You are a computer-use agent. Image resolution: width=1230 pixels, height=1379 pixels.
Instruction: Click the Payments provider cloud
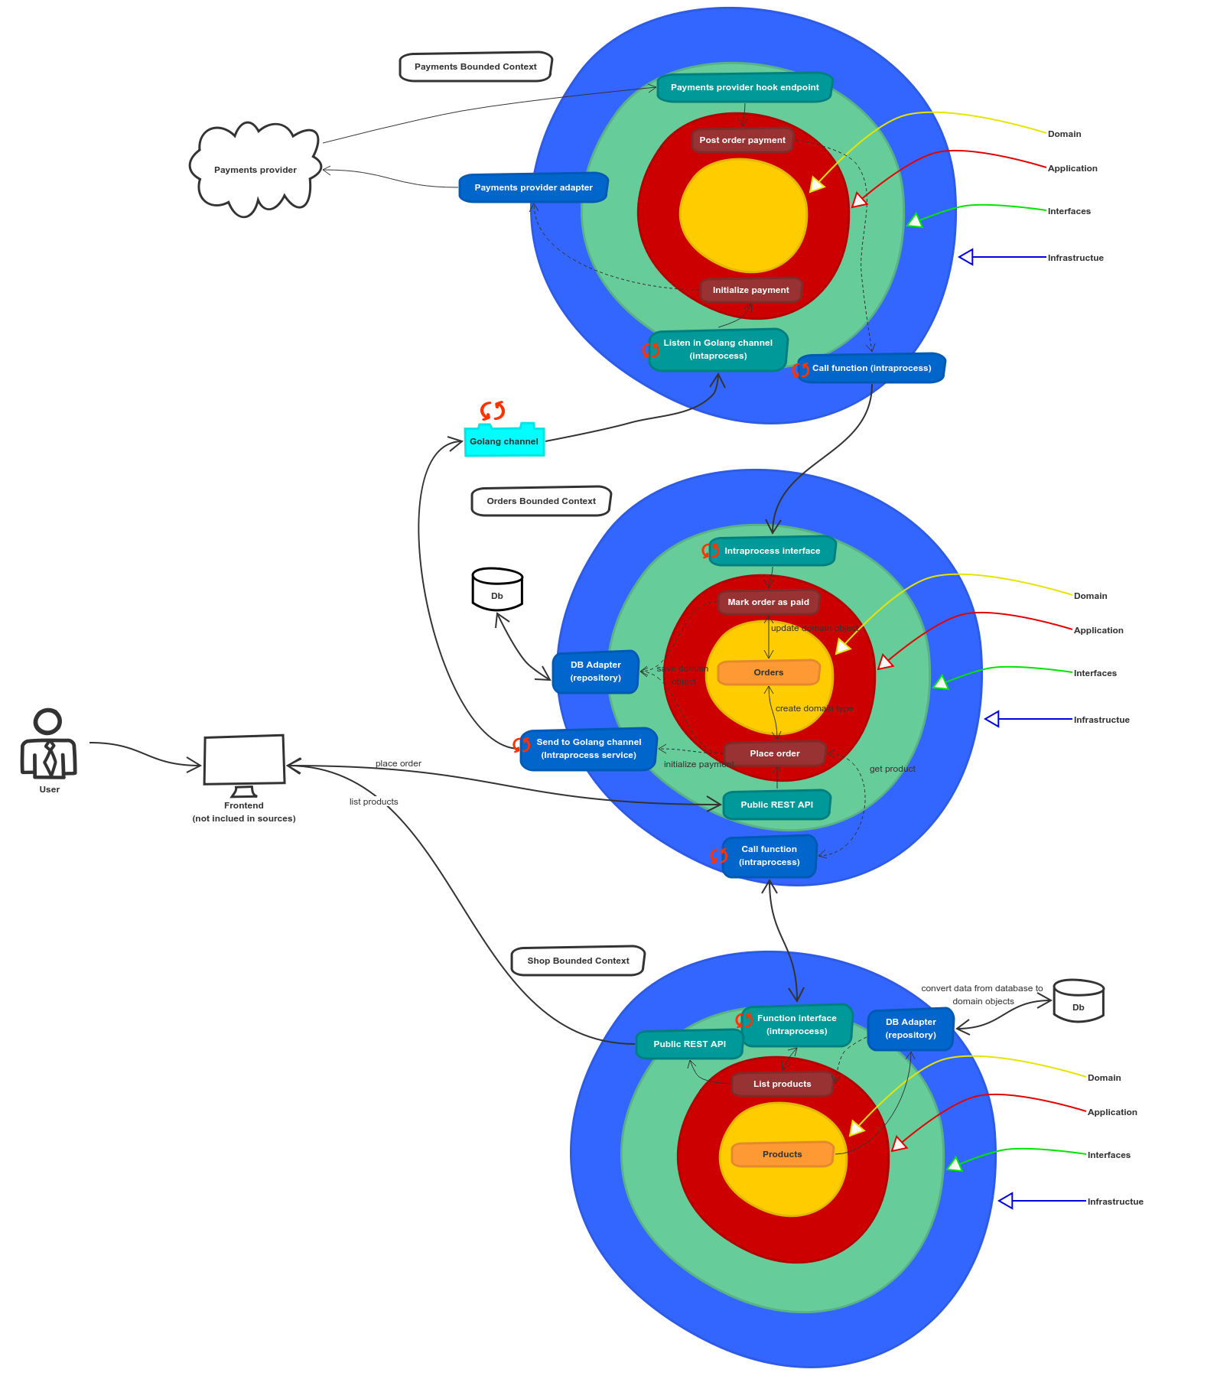point(255,169)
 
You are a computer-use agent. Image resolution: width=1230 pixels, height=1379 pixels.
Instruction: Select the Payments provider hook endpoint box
point(744,87)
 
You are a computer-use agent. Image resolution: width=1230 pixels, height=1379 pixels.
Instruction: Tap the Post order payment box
point(742,140)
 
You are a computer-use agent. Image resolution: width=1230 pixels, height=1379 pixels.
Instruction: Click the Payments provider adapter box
point(533,187)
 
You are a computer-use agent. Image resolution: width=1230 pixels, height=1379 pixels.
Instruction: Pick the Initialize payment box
point(750,290)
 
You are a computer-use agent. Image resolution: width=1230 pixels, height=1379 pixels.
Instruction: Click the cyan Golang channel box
point(504,441)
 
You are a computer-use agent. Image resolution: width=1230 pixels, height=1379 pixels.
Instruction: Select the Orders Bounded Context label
point(541,501)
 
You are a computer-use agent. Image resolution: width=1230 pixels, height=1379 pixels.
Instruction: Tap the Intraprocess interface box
point(772,551)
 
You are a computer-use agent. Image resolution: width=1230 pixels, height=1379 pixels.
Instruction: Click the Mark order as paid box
point(768,602)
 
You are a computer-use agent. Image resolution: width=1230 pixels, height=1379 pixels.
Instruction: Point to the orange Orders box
point(768,672)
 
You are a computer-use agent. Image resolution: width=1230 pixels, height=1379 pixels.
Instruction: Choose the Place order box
point(774,753)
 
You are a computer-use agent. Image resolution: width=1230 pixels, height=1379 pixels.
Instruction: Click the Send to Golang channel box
point(588,749)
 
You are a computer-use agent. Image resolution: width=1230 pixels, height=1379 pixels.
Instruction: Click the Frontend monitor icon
point(244,761)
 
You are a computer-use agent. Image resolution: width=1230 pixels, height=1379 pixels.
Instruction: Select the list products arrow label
point(374,802)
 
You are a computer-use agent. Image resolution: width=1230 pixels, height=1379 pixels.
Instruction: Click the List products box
point(782,1084)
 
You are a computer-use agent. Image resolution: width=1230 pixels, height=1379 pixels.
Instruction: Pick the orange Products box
point(782,1154)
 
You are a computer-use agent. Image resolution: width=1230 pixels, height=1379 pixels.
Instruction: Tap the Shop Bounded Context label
point(578,961)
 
